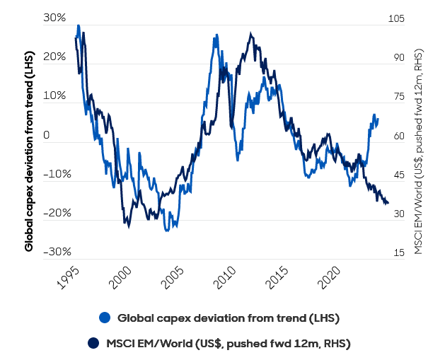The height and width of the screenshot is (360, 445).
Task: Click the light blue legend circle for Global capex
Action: tap(105, 318)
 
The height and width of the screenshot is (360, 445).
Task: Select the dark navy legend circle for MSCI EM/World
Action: tap(93, 343)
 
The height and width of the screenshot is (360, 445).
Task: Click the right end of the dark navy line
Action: tap(388, 204)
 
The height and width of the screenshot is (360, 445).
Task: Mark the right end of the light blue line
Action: tap(378, 119)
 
